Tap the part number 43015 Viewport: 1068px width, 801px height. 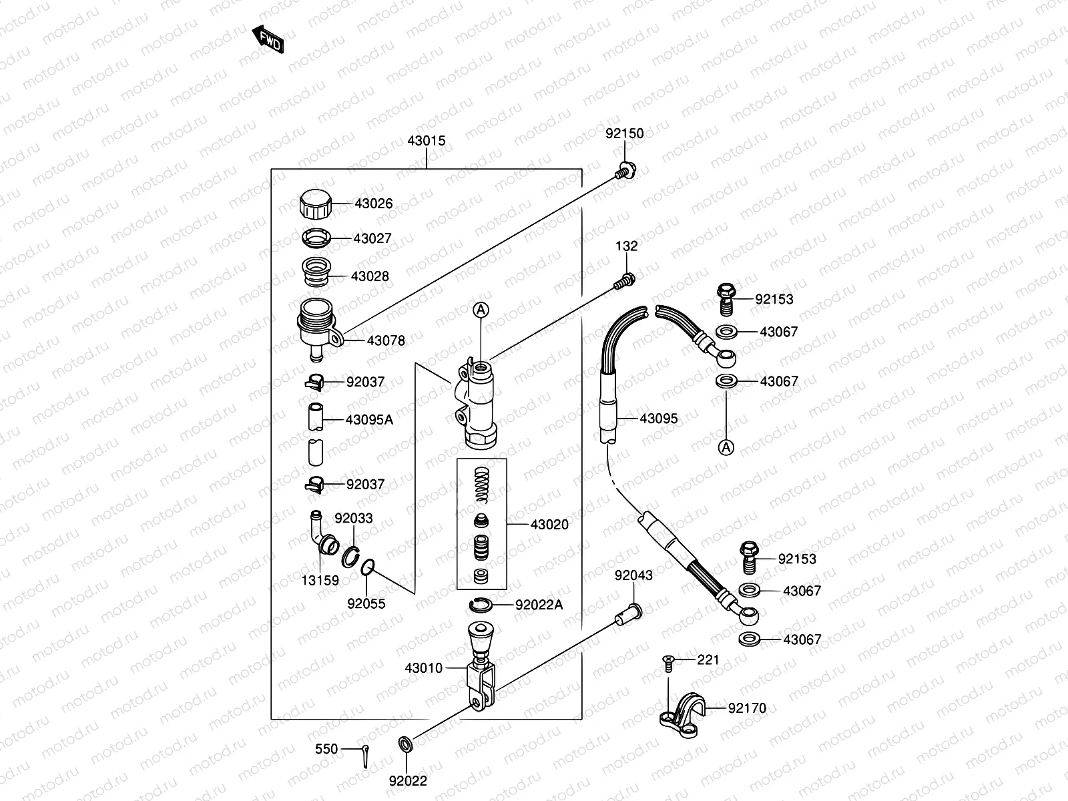click(426, 142)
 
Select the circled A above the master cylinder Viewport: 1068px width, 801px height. click(481, 310)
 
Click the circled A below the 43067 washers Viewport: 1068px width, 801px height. click(726, 447)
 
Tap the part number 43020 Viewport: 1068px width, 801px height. click(549, 525)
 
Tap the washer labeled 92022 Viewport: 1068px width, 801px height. click(405, 744)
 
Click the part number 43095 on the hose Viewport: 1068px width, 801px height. click(658, 419)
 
